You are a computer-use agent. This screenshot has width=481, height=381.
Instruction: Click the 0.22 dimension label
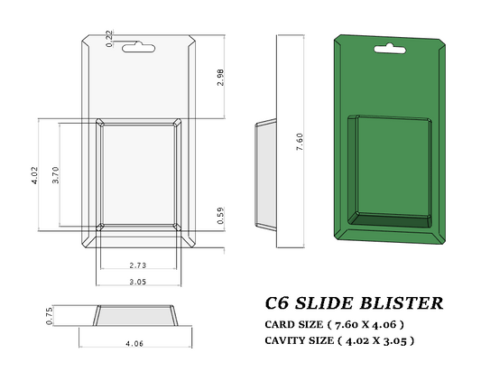(110, 37)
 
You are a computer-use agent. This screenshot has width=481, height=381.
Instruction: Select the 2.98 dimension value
(220, 78)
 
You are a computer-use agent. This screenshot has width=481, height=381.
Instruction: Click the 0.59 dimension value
(220, 217)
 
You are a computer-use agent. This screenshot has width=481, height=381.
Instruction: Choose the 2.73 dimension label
(139, 265)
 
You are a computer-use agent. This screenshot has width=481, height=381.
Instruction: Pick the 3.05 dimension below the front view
(139, 282)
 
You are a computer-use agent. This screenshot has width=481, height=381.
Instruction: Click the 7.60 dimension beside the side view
(300, 144)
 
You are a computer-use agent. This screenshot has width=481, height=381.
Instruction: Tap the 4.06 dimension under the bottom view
(134, 344)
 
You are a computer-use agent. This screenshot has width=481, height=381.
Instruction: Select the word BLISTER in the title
(403, 303)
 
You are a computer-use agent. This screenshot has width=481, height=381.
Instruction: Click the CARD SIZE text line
(333, 324)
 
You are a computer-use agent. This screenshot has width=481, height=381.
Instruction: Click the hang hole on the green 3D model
(389, 47)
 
